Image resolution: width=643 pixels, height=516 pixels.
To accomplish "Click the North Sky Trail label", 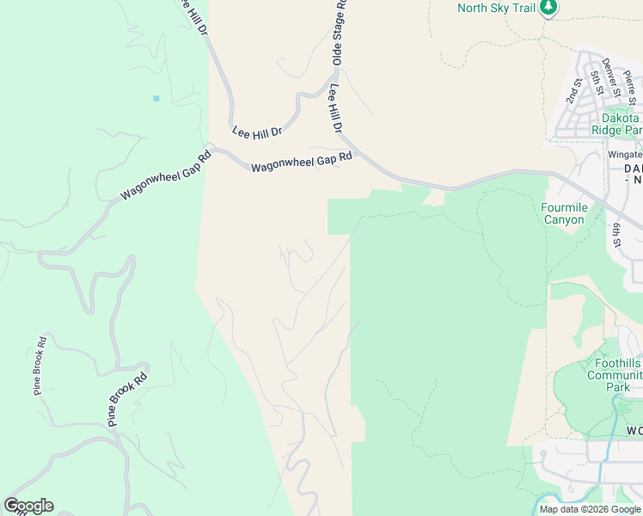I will [x=496, y=8].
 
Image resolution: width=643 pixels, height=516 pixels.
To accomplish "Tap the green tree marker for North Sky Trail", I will [x=548, y=9].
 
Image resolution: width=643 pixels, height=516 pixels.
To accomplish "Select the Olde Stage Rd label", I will [x=340, y=33].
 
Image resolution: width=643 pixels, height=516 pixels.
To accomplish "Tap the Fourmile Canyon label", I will [x=563, y=213].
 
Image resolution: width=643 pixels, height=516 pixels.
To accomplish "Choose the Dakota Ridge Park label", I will [x=616, y=123].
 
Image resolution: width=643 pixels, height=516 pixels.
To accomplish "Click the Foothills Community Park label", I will [x=614, y=375].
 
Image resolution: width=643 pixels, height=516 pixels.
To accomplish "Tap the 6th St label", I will [x=617, y=234].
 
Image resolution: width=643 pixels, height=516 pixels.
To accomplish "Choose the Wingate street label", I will [x=624, y=155].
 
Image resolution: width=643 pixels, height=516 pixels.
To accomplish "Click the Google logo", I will [x=28, y=506].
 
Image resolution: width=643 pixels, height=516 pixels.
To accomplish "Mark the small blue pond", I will [x=156, y=98].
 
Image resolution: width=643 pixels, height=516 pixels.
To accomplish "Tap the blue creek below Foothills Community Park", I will [x=616, y=421].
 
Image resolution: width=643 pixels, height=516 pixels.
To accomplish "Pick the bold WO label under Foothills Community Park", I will [x=634, y=430].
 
